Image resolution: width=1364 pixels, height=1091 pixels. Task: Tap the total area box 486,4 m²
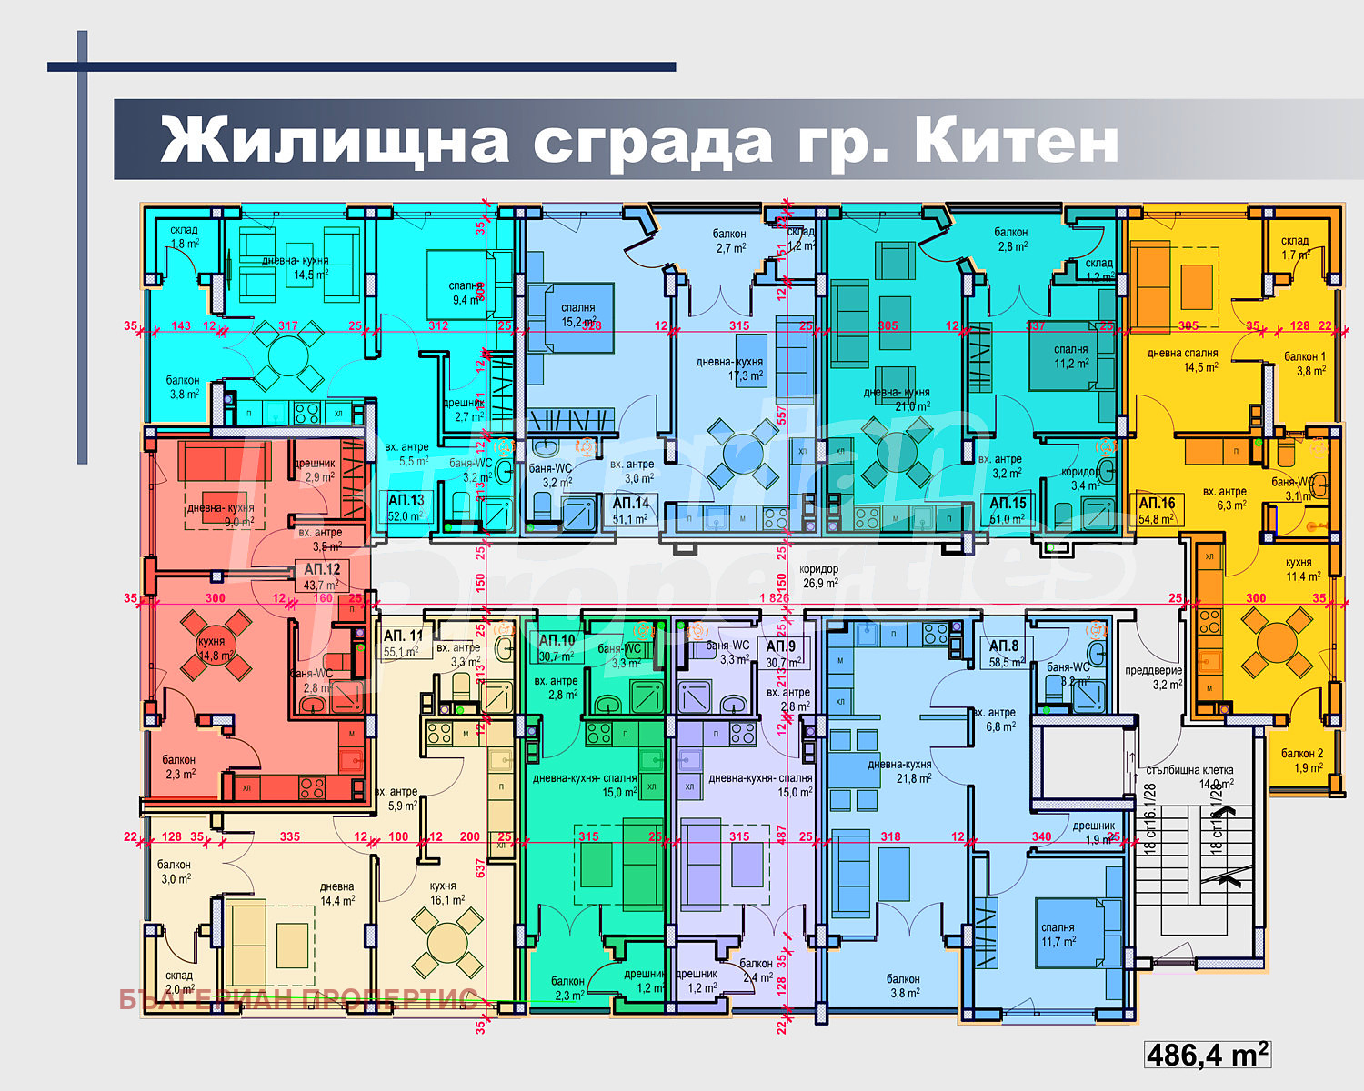click(1208, 1055)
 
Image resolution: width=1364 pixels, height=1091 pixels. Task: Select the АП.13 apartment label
click(406, 501)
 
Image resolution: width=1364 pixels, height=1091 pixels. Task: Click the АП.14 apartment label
click(630, 503)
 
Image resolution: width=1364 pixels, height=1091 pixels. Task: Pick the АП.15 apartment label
click(1008, 503)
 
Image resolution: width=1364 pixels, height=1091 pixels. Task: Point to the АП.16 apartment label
click(1157, 503)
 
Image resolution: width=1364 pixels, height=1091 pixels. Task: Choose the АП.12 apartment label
click(322, 570)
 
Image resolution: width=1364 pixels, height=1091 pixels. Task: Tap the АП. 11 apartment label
click(404, 636)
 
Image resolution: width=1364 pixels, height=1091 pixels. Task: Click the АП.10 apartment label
click(557, 640)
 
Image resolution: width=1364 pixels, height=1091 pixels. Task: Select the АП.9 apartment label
click(780, 646)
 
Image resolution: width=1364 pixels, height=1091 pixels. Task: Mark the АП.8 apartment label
click(1005, 646)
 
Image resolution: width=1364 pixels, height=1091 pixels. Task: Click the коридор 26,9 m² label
click(818, 576)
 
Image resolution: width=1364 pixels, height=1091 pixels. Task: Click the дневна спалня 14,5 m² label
click(1181, 360)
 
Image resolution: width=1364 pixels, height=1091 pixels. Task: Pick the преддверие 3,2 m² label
click(1153, 677)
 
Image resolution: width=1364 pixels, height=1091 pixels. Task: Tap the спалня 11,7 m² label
click(1058, 935)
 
